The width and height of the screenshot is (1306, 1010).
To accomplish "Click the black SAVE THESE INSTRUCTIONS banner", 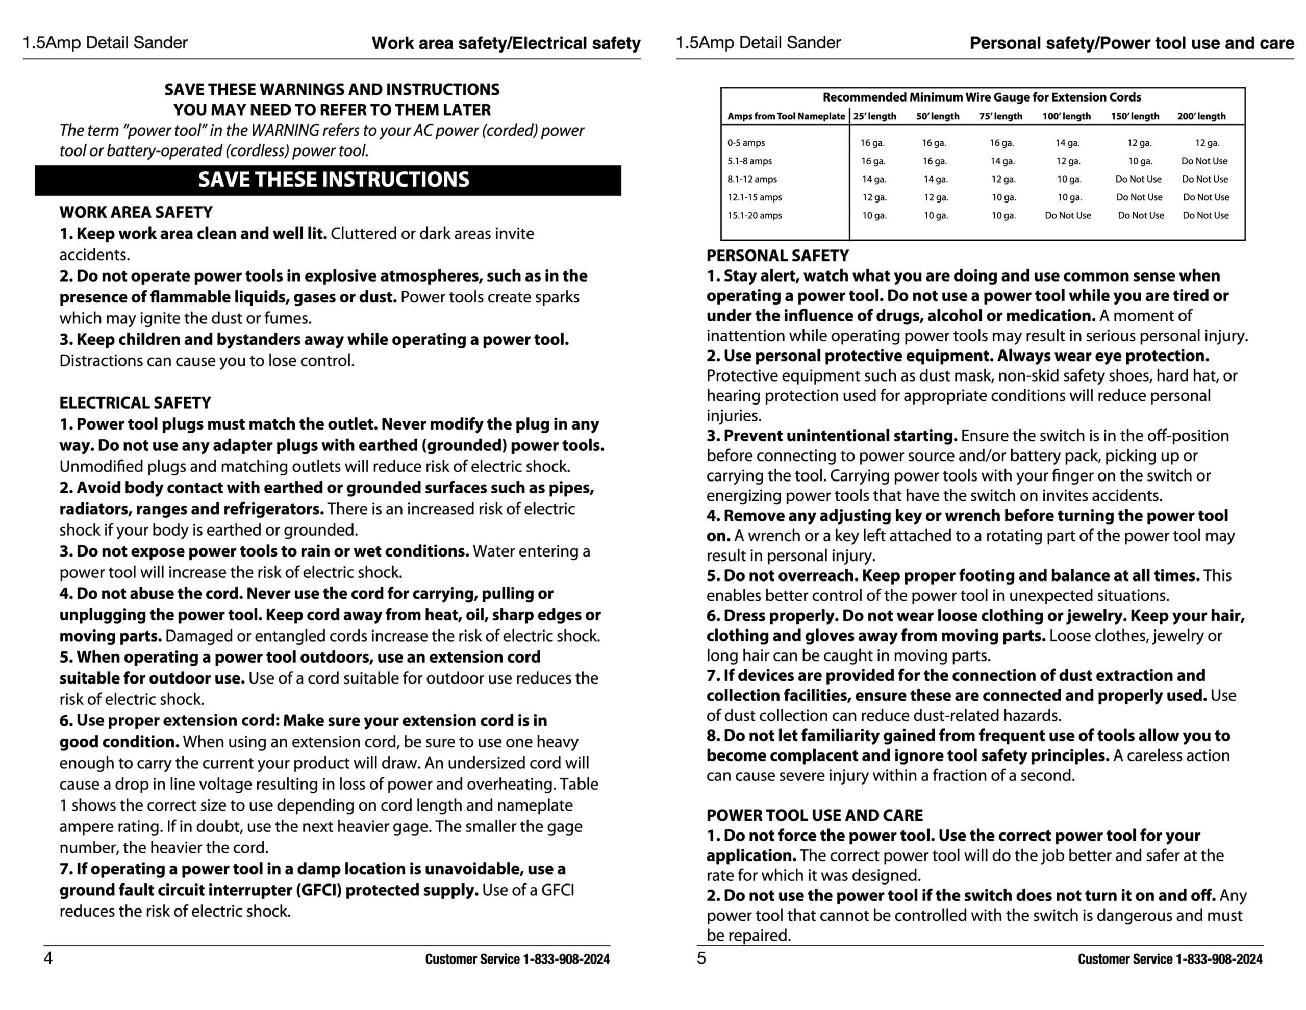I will click(328, 180).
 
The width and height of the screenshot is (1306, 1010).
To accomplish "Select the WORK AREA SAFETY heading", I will click(136, 212).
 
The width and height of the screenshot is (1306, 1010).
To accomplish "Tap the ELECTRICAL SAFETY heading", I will click(135, 402).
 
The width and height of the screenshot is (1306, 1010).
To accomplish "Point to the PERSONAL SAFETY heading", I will click(777, 256).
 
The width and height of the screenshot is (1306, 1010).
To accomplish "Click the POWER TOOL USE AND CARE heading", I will click(814, 815).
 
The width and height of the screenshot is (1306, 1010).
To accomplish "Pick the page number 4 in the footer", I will click(48, 958).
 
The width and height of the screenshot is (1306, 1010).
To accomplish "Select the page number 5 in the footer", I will click(701, 958).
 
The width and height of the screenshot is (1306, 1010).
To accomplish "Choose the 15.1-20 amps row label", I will click(755, 215).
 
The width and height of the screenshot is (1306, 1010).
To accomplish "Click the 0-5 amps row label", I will click(746, 143).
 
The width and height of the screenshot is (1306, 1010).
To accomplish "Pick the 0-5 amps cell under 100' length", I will click(1067, 143).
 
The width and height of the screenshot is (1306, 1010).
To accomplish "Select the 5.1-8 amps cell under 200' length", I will click(1204, 161).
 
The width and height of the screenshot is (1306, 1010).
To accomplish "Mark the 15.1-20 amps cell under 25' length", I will click(874, 215).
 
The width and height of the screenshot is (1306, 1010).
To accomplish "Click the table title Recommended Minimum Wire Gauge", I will click(982, 97).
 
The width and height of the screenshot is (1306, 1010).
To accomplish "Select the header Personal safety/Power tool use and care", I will click(1132, 43).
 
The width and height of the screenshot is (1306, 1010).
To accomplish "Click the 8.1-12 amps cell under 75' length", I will click(1003, 180).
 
